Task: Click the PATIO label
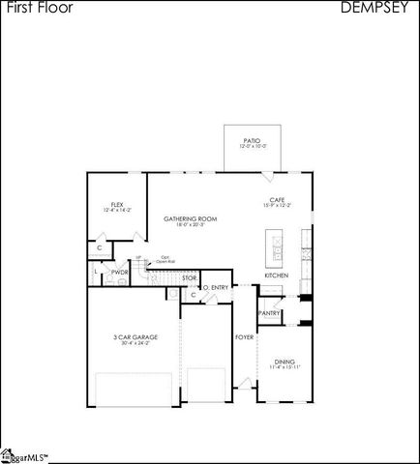coord(252,140)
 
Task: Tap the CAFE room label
coord(277,200)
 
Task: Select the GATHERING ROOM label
coord(190,218)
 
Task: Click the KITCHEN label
coord(277,275)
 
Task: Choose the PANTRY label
coord(269,313)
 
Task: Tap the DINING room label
coord(284,360)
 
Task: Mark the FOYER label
coord(244,336)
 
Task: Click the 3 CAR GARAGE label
coord(135,336)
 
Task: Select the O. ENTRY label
coord(215,287)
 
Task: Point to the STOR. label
coord(190,278)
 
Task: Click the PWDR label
coord(120,273)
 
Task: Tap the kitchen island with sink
coord(276,248)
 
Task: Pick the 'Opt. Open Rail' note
coord(166,259)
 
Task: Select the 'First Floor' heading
coord(30,8)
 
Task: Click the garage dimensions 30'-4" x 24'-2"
coord(135,343)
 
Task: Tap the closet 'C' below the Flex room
coord(100,248)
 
